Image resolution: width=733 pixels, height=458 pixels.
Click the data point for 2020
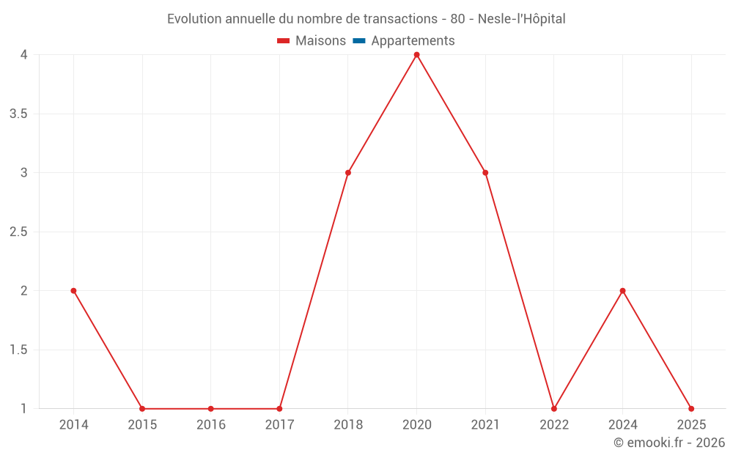(x=416, y=55)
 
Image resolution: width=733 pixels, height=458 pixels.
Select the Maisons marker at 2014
(x=73, y=291)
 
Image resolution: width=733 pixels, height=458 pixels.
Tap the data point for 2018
(x=348, y=173)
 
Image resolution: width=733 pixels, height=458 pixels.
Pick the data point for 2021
(x=485, y=173)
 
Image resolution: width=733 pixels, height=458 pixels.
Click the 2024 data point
(x=622, y=291)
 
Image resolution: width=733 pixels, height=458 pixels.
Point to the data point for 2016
(x=210, y=409)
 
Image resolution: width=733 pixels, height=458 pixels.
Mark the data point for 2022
(x=554, y=409)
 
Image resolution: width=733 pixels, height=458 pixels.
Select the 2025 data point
(x=691, y=409)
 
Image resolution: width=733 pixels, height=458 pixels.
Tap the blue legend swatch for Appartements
(x=359, y=41)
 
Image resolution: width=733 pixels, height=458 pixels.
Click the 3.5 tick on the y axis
(x=18, y=114)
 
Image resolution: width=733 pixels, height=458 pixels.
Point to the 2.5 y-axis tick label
(x=18, y=232)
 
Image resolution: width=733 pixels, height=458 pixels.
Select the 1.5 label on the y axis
(x=18, y=350)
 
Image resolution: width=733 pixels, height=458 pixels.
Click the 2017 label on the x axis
(x=279, y=425)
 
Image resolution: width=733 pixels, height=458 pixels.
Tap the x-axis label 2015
(x=142, y=425)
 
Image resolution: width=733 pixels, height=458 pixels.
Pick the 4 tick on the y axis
(x=24, y=55)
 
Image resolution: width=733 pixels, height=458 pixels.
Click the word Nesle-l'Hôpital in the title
(x=521, y=19)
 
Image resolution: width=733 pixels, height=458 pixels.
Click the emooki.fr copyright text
(x=669, y=443)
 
